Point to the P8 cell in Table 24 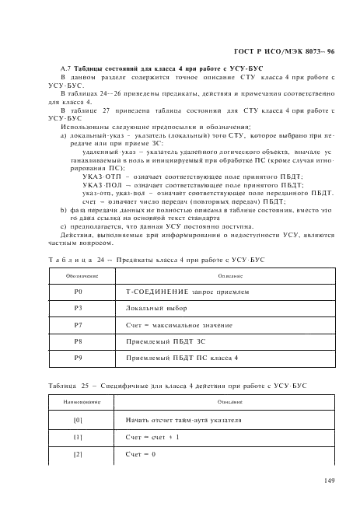(78, 341)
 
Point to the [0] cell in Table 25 (78, 420)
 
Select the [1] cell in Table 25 (78, 437)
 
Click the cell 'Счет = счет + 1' (152, 437)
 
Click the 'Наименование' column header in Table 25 (78, 402)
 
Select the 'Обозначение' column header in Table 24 (78, 274)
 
